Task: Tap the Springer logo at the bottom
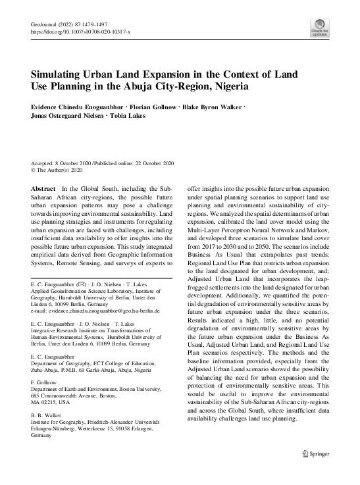[315, 452]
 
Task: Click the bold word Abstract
[44, 188]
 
